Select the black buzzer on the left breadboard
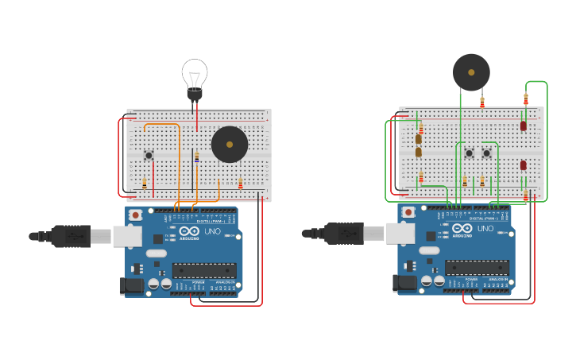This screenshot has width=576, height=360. pos(230,145)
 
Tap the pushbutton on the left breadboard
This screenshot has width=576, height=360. pos(149,155)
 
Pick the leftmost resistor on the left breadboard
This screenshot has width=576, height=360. pos(145,184)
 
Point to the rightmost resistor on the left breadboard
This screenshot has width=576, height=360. pos(240,184)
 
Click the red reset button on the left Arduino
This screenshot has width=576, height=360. pos(136,215)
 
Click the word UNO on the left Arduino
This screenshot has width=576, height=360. pos(213,231)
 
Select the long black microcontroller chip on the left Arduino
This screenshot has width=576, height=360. pos(204,270)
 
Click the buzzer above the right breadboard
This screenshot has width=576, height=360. pos(471,72)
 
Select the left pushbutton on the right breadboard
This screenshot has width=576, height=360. pos(469,153)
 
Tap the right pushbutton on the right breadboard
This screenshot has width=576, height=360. pos(486,153)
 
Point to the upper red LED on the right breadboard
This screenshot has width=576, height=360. pos(523,126)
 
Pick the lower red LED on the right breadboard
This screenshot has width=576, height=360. pos(523,165)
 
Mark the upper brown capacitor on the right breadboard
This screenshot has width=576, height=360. pos(419,139)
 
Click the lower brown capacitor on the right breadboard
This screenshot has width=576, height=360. pos(419,152)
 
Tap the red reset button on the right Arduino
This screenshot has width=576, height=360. pos(408,212)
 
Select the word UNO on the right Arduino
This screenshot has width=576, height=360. pos(485,229)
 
